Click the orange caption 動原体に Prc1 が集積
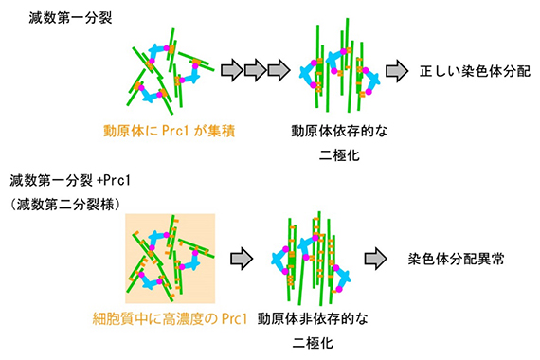click(169, 131)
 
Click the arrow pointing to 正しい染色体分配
click(397, 71)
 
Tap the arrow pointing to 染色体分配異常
click(377, 257)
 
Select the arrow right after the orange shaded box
click(242, 257)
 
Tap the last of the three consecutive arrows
click(279, 71)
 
